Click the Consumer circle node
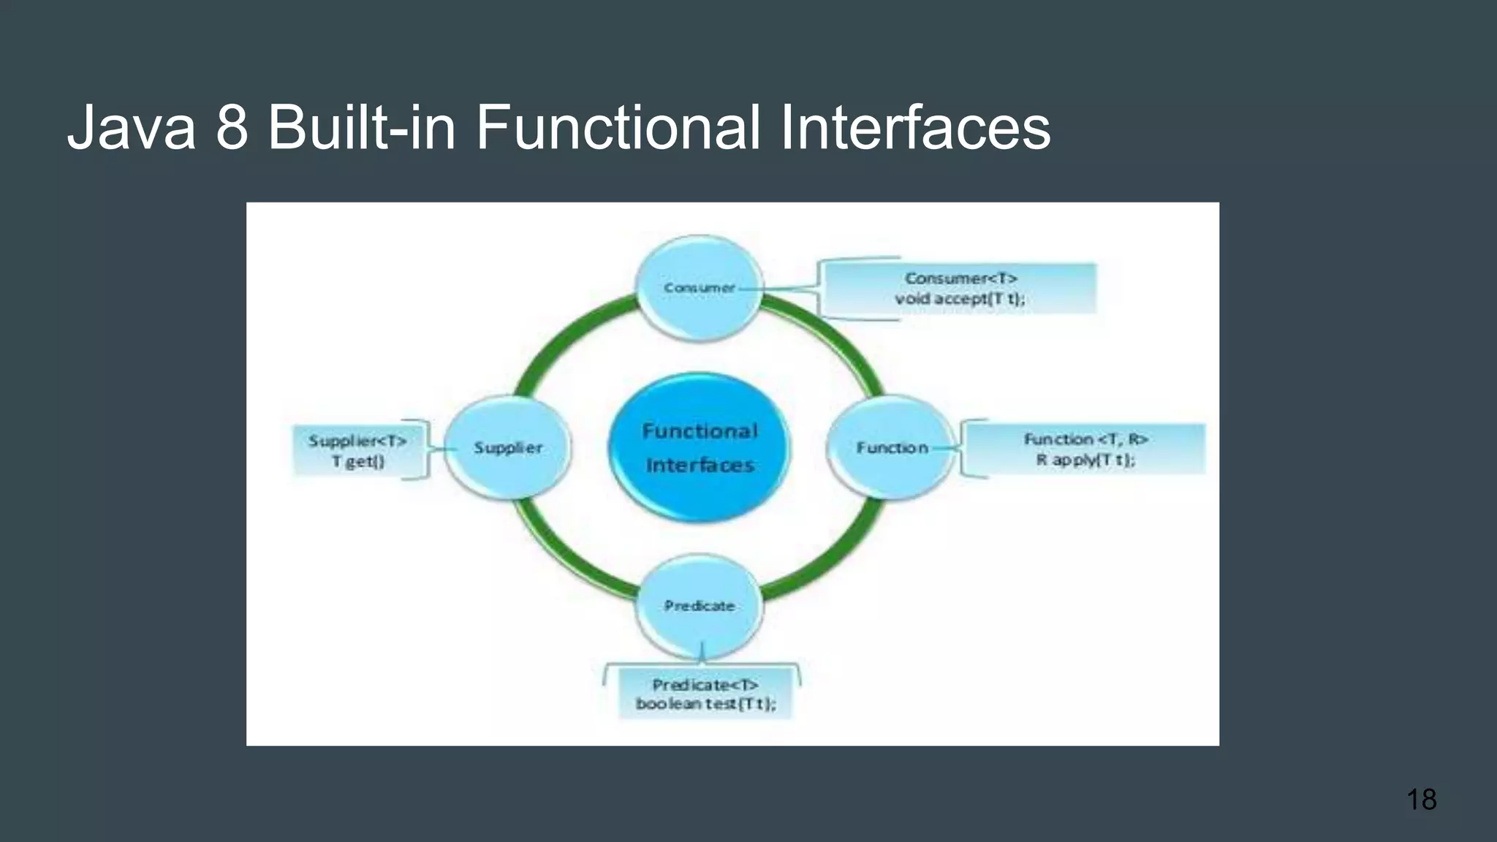(x=699, y=288)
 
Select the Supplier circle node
(x=508, y=447)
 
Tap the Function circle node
(x=891, y=447)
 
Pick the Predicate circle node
(x=699, y=606)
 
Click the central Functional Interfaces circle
(x=700, y=447)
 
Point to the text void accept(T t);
(x=960, y=298)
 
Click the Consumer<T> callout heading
(x=960, y=278)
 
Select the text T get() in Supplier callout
(x=357, y=461)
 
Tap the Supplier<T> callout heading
(x=357, y=441)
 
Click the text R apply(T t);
(x=1085, y=460)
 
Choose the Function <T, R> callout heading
(x=1085, y=439)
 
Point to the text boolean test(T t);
(x=705, y=703)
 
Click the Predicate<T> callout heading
(x=705, y=685)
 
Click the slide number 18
(x=1421, y=800)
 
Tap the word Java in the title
(x=132, y=128)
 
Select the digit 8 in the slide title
(x=232, y=128)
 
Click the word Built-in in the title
(x=362, y=128)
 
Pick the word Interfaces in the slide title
(x=915, y=128)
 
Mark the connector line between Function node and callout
(x=946, y=448)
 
